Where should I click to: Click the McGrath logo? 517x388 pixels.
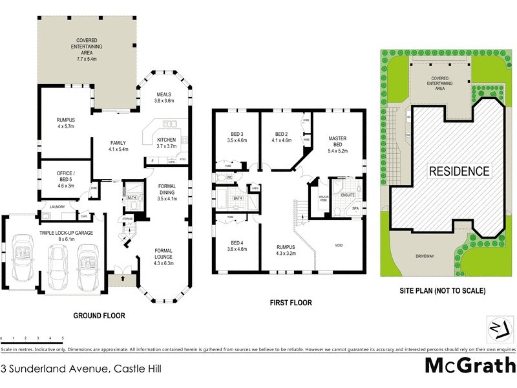coord(470,365)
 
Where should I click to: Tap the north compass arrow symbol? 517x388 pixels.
coord(496,328)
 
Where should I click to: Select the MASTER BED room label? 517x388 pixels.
coord(339,143)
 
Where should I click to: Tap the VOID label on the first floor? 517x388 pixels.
coord(339,245)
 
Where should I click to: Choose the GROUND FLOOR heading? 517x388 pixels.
coord(99,316)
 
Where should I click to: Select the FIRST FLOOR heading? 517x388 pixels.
coord(291,302)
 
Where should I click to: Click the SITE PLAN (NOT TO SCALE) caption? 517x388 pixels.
coord(442,290)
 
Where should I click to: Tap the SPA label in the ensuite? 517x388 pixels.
coord(355,208)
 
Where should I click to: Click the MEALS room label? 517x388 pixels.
coord(164,97)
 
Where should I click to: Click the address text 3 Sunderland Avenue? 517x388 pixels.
coord(81,369)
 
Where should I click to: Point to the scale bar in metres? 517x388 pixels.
coord(32,338)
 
